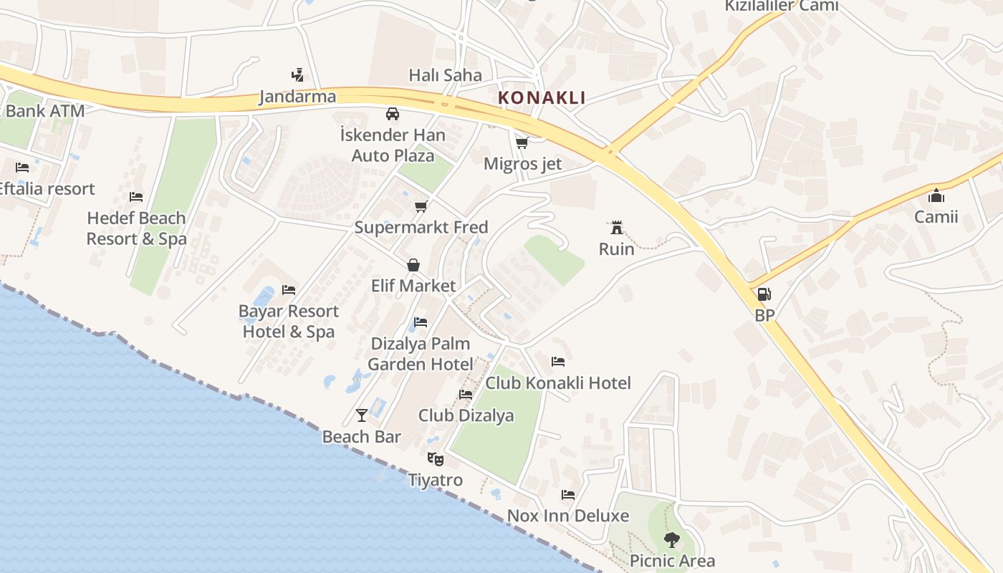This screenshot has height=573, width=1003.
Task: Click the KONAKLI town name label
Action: pyautogui.click(x=542, y=97)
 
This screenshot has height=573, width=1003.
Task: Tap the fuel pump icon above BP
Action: pyautogui.click(x=764, y=294)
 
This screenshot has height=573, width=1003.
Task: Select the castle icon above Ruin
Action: pyautogui.click(x=616, y=228)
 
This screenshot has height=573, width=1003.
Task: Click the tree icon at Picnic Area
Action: pyautogui.click(x=671, y=539)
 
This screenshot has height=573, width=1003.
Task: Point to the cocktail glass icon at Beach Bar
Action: pyautogui.click(x=361, y=415)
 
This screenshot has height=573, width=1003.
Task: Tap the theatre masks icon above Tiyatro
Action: pyautogui.click(x=435, y=458)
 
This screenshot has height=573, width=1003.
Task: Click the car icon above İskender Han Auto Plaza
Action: pyautogui.click(x=393, y=113)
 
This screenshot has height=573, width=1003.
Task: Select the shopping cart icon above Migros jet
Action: pyautogui.click(x=522, y=143)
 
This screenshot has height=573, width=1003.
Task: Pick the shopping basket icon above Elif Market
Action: pyautogui.click(x=413, y=265)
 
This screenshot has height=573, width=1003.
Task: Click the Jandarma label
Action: pyautogui.click(x=297, y=97)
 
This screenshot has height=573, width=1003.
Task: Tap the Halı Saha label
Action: pyautogui.click(x=445, y=74)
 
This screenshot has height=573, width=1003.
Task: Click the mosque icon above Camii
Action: pyautogui.click(x=936, y=196)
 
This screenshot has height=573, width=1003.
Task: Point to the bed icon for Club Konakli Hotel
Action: pyautogui.click(x=558, y=362)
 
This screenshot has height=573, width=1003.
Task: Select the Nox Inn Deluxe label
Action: pyautogui.click(x=567, y=516)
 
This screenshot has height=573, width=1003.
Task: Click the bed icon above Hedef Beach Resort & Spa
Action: pyautogui.click(x=136, y=197)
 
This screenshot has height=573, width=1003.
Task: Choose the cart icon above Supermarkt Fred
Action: pyautogui.click(x=421, y=206)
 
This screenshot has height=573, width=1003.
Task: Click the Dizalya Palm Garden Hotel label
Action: pyautogui.click(x=421, y=354)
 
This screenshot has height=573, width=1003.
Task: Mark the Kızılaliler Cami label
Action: pyautogui.click(x=781, y=6)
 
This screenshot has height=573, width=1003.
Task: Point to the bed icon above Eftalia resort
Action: pyautogui.click(x=22, y=168)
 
